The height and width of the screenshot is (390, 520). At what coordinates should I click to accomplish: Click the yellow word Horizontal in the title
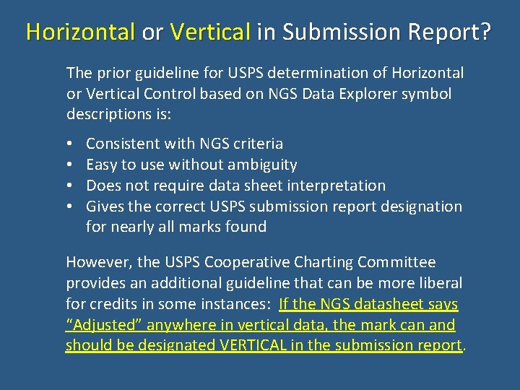point(81,32)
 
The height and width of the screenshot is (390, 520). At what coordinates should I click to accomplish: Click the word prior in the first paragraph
point(109,73)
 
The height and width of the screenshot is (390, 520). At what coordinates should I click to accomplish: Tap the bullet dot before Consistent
point(69,144)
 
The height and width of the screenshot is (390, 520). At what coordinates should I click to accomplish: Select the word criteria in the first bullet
point(256,144)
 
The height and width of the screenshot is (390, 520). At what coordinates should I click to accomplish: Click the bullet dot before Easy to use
point(69,165)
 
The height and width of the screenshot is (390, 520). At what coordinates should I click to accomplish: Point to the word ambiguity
point(261,165)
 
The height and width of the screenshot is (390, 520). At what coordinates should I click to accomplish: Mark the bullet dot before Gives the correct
point(69,207)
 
